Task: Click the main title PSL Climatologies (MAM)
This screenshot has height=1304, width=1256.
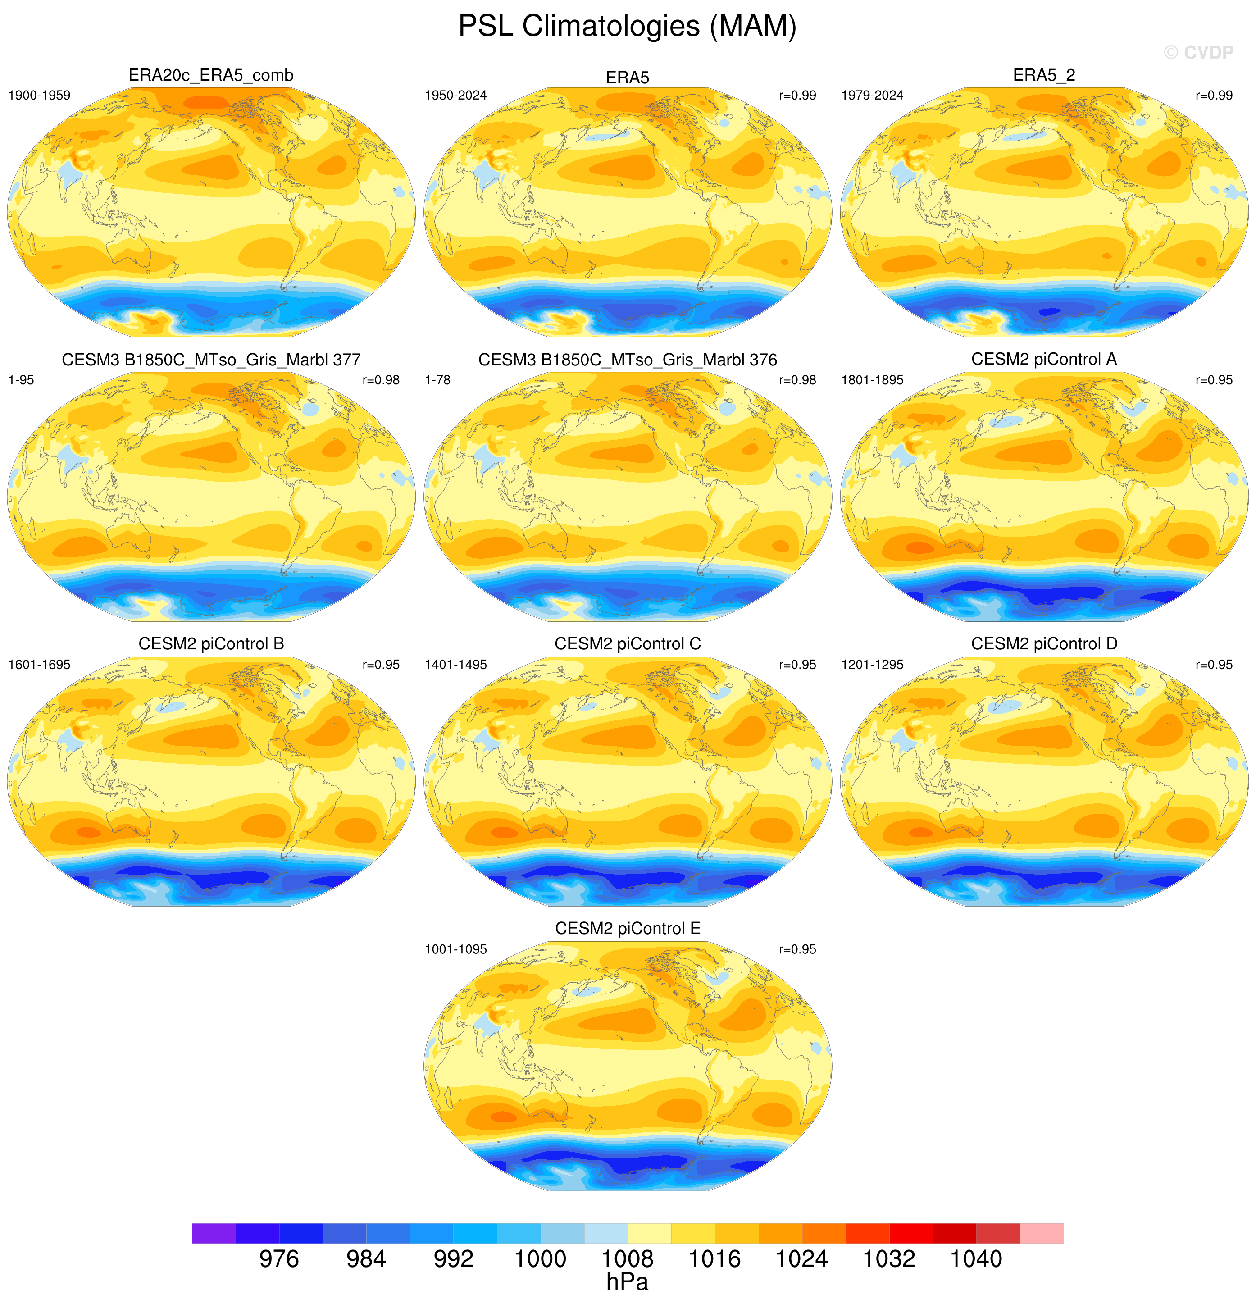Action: (x=628, y=27)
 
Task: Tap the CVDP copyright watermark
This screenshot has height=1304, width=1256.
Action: (x=1199, y=53)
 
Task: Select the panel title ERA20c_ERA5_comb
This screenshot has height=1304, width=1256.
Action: (x=211, y=76)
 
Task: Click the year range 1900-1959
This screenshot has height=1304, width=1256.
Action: (x=39, y=95)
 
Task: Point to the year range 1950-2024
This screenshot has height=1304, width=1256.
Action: (x=456, y=95)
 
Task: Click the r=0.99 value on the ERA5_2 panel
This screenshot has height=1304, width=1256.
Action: (x=1214, y=95)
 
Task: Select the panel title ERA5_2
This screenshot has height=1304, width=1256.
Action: (x=1044, y=75)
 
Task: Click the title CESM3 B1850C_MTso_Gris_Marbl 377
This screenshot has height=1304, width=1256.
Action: (x=211, y=360)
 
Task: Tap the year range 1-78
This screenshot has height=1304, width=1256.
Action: (x=438, y=380)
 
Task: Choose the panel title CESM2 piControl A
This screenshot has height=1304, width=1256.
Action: (x=1044, y=359)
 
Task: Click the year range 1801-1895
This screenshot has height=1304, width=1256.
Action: (x=872, y=380)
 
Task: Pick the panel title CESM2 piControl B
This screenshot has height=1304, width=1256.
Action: (x=211, y=644)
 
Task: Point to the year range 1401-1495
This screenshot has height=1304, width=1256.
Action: (x=456, y=665)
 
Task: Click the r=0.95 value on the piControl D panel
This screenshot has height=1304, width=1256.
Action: (x=1214, y=665)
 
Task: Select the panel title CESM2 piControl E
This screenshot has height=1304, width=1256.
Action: (x=628, y=928)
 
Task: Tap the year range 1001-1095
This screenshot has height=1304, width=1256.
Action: (x=456, y=949)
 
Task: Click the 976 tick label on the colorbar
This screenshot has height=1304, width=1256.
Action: (x=279, y=1259)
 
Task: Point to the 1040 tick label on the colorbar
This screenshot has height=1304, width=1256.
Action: (x=976, y=1259)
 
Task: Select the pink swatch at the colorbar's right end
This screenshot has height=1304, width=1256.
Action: (x=1042, y=1233)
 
